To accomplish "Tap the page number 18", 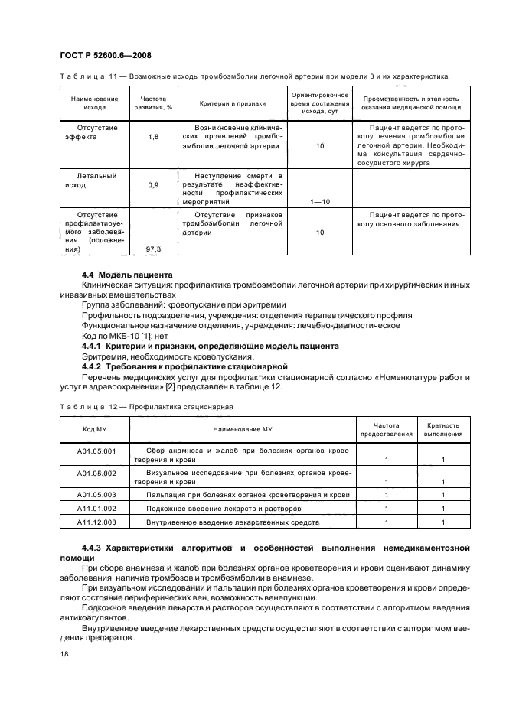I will (65, 653).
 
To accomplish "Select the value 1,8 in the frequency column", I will (152, 136).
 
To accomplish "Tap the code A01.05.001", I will (96, 451).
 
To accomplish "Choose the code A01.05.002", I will (96, 474).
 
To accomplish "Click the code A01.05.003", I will (96, 496).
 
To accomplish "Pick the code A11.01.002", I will (96, 508).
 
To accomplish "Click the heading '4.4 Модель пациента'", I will (127, 275).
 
